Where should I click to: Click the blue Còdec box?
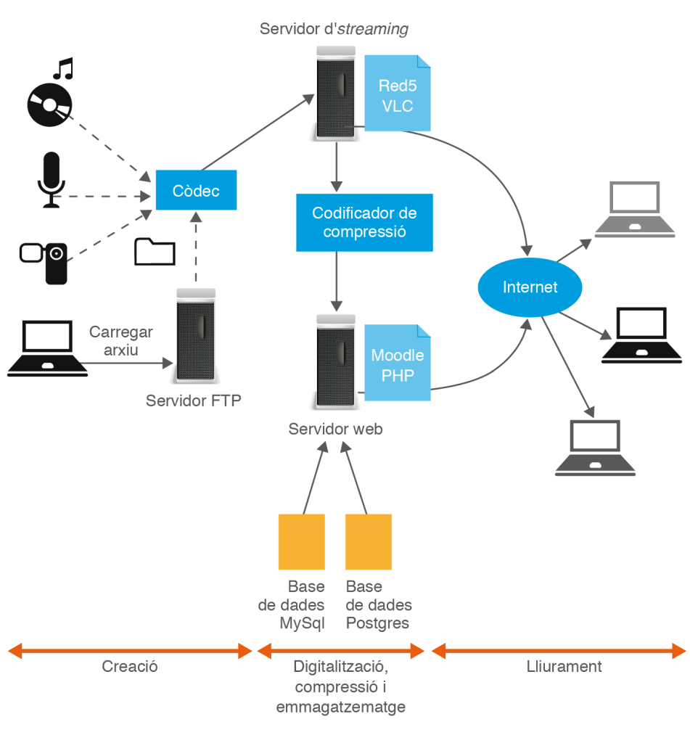(x=196, y=191)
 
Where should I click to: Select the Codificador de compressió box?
(x=364, y=222)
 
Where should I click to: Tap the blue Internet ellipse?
(x=530, y=287)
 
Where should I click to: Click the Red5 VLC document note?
(x=397, y=94)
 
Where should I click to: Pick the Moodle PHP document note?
(x=397, y=364)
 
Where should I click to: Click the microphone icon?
(x=51, y=180)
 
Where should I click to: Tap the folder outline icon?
(x=155, y=251)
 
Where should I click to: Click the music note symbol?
(x=64, y=69)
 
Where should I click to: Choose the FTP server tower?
(x=194, y=336)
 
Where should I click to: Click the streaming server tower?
(x=336, y=92)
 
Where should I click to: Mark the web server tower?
(x=336, y=361)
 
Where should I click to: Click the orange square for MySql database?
(x=302, y=541)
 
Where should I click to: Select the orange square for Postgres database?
(x=369, y=541)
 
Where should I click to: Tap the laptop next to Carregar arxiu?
(x=47, y=349)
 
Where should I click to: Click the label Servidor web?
(x=335, y=429)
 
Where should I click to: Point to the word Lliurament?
(x=564, y=666)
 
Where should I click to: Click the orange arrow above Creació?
(x=130, y=651)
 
